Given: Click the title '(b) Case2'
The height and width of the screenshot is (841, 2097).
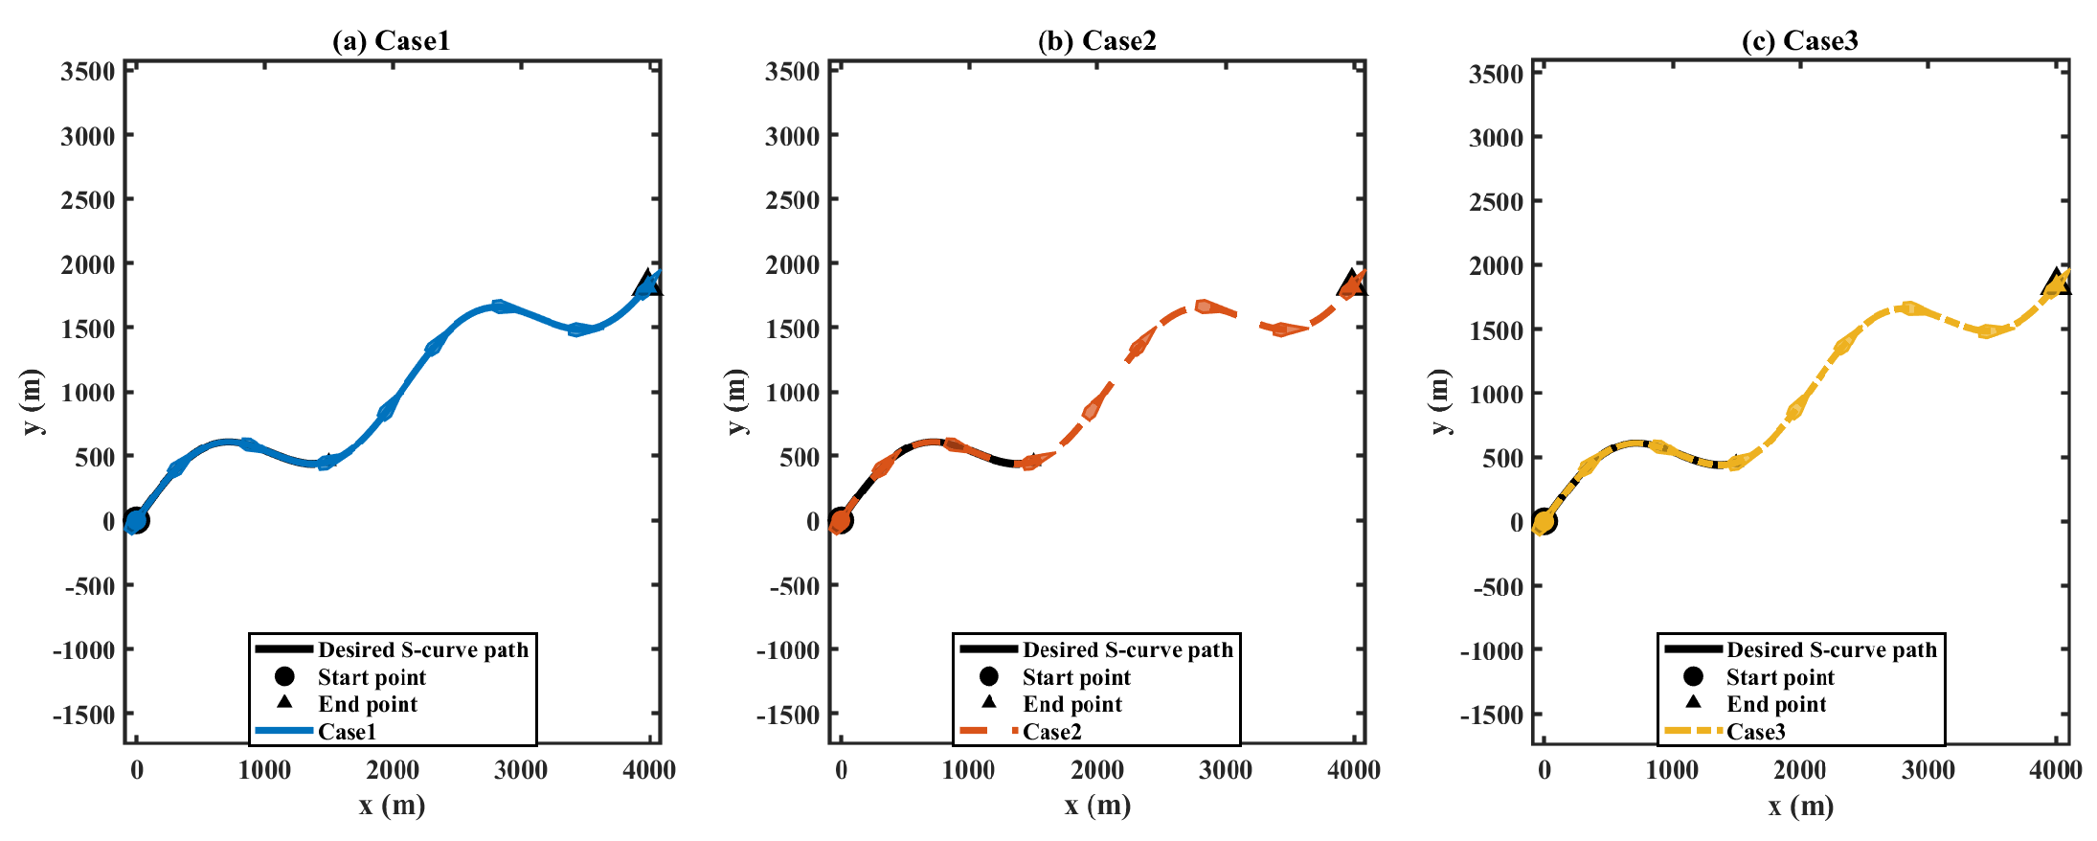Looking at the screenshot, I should pyautogui.click(x=1096, y=40).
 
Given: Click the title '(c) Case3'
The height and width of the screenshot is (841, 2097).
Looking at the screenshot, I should pyautogui.click(x=1799, y=40).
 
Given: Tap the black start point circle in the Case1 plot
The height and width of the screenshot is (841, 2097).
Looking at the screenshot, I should pyautogui.click(x=137, y=520).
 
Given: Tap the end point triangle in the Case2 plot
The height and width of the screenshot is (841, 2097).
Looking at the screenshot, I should pyautogui.click(x=1351, y=284).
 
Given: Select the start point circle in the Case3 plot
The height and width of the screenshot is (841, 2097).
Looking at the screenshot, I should pyautogui.click(x=1544, y=521).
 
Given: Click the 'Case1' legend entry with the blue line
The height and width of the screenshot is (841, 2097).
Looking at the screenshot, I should pyautogui.click(x=347, y=732).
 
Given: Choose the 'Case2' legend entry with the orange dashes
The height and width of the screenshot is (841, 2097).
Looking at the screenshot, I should pyautogui.click(x=1051, y=732).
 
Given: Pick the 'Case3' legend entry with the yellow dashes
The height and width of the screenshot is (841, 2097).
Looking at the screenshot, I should pyautogui.click(x=1755, y=732).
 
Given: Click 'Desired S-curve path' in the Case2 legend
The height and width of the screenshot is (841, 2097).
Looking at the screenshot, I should pyautogui.click(x=1127, y=649).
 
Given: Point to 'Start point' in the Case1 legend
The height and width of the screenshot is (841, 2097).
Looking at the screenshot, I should pyautogui.click(x=372, y=677).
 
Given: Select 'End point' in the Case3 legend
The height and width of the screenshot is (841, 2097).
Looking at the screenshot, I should pyautogui.click(x=1775, y=704).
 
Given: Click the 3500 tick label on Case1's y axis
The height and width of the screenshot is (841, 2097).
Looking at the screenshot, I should pyautogui.click(x=88, y=72).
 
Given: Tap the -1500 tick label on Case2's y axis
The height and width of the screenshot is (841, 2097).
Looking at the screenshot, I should pyautogui.click(x=787, y=715).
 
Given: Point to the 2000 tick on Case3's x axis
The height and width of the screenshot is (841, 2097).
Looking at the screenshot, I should pyautogui.click(x=1799, y=770).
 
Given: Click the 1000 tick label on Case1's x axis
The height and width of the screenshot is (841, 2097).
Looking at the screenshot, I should pyautogui.click(x=264, y=770).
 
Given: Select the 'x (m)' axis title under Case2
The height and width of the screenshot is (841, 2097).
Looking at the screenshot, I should pyautogui.click(x=1097, y=806).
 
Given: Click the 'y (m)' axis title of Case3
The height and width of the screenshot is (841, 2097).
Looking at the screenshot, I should pyautogui.click(x=1441, y=401).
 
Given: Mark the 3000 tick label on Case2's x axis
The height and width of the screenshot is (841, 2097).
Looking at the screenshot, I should pyautogui.click(x=1225, y=770).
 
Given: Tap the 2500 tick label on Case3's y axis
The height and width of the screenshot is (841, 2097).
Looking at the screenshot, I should pyautogui.click(x=1496, y=202).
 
